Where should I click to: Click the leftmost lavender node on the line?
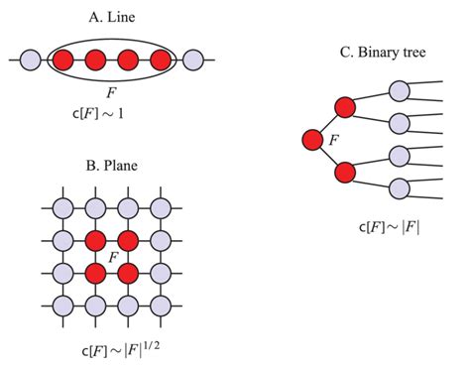(x=31, y=61)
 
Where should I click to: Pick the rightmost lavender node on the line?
(x=192, y=61)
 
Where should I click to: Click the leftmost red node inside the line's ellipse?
(x=63, y=61)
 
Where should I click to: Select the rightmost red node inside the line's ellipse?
(x=160, y=61)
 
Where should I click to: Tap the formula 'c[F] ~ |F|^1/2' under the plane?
(x=111, y=352)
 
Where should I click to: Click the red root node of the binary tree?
(x=313, y=139)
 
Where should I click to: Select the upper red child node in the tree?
(x=345, y=106)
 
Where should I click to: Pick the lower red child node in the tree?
(x=345, y=172)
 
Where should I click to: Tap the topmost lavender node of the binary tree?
(x=400, y=91)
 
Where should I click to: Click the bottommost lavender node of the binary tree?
(x=400, y=186)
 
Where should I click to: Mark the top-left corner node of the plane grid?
(x=62, y=208)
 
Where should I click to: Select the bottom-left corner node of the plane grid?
(x=62, y=304)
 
